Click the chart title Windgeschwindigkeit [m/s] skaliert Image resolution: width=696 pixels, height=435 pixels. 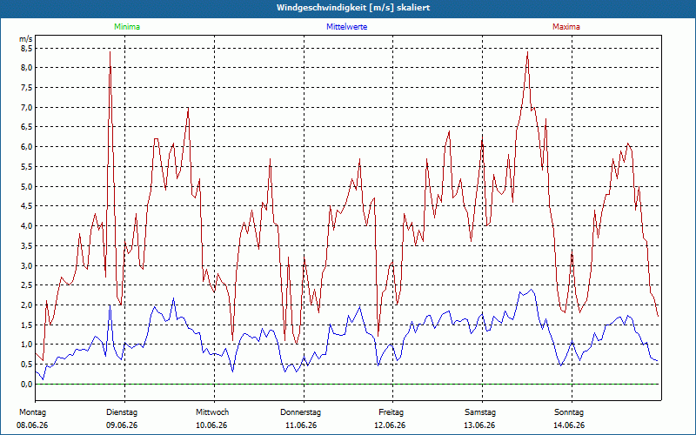tap(353, 8)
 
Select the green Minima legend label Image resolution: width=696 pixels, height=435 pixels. tap(127, 27)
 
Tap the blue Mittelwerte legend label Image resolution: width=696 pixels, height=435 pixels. tap(346, 27)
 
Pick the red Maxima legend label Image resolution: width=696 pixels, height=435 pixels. tap(566, 27)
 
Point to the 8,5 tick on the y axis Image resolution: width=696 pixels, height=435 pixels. tap(27, 48)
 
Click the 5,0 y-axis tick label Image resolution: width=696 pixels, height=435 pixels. tap(27, 186)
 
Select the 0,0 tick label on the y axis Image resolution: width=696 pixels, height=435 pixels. tap(27, 384)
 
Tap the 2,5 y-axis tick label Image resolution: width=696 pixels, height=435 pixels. tap(27, 285)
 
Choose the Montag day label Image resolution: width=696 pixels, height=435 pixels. tap(32, 412)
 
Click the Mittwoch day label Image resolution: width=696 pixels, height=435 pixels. tap(212, 412)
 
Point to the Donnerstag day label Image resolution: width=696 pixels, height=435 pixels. tap(300, 412)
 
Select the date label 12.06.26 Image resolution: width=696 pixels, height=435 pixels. tap(390, 425)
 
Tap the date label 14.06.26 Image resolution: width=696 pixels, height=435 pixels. tap(569, 425)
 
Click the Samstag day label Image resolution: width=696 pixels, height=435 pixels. tap(480, 412)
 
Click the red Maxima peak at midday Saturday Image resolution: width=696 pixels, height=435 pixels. tap(527, 52)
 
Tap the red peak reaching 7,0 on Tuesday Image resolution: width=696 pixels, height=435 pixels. tap(188, 107)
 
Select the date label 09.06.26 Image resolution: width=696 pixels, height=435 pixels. tap(122, 425)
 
